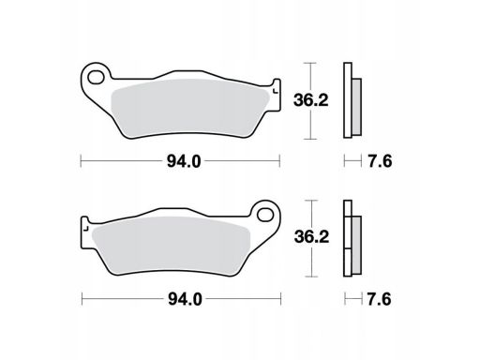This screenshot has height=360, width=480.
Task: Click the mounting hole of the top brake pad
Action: (96, 77)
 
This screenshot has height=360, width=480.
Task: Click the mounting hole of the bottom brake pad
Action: (265, 215)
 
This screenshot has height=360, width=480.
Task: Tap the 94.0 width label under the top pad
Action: (184, 161)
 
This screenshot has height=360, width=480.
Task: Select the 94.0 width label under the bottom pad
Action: (185, 299)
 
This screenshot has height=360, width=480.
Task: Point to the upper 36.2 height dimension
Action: (311, 100)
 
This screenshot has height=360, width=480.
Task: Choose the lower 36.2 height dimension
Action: (311, 237)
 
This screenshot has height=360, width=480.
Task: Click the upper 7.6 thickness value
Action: (380, 161)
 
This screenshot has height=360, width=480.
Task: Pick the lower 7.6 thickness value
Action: (379, 299)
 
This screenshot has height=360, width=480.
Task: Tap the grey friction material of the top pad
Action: (189, 108)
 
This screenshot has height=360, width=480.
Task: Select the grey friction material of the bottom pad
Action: (172, 246)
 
